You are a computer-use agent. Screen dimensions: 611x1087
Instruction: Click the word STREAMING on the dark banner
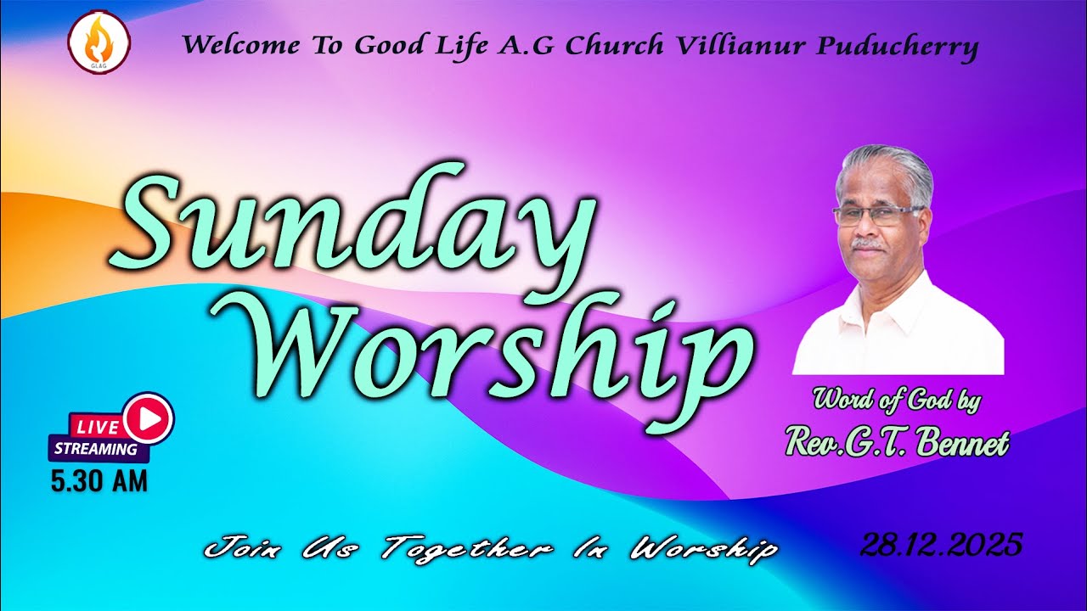(x=96, y=449)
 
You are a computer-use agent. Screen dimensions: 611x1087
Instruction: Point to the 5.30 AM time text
(x=99, y=481)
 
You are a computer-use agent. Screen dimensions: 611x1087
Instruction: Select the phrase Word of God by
(x=897, y=399)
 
